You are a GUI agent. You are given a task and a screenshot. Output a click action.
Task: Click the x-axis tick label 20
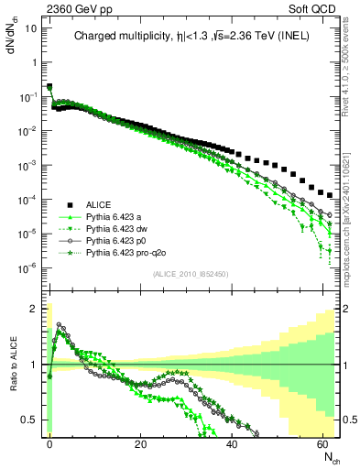tap(140, 442)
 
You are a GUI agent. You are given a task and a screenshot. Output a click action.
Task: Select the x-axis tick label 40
tap(232, 442)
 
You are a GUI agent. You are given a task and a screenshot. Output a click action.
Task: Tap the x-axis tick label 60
tap(322, 442)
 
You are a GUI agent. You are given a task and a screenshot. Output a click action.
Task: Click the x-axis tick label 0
tap(49, 442)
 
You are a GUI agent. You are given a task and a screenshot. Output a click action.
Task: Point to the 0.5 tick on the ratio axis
tap(33, 420)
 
